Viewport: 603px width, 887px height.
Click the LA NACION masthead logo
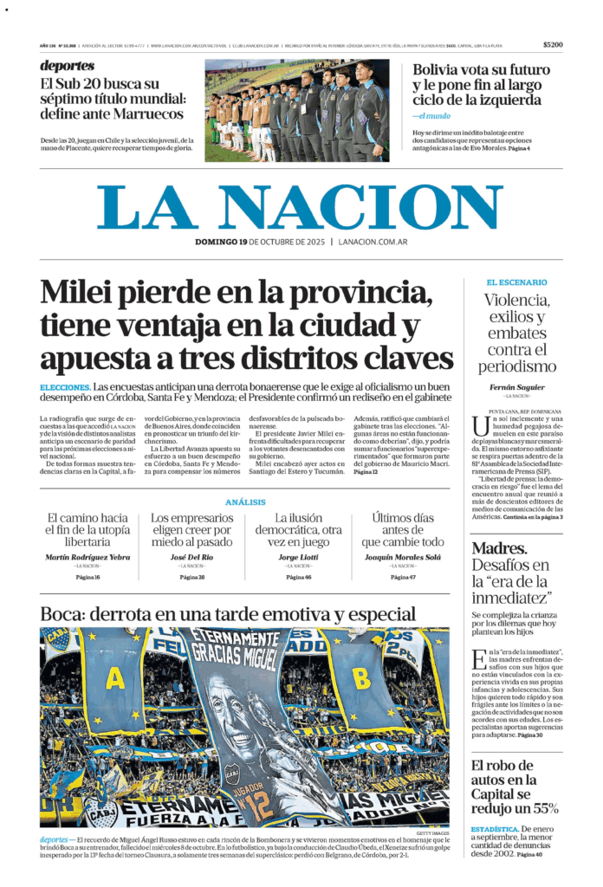(x=300, y=205)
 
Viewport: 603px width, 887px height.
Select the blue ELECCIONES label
(x=65, y=386)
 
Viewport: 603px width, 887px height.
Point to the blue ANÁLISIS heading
(x=245, y=502)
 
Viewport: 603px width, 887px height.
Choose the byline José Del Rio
(x=191, y=556)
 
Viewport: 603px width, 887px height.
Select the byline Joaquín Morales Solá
(x=402, y=556)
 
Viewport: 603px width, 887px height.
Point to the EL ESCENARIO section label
(x=516, y=282)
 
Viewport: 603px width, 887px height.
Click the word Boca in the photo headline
(x=64, y=615)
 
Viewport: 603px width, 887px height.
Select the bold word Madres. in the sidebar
(x=499, y=547)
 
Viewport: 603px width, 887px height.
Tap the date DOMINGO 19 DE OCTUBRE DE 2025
(x=263, y=243)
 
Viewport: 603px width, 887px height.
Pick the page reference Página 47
(x=402, y=577)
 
